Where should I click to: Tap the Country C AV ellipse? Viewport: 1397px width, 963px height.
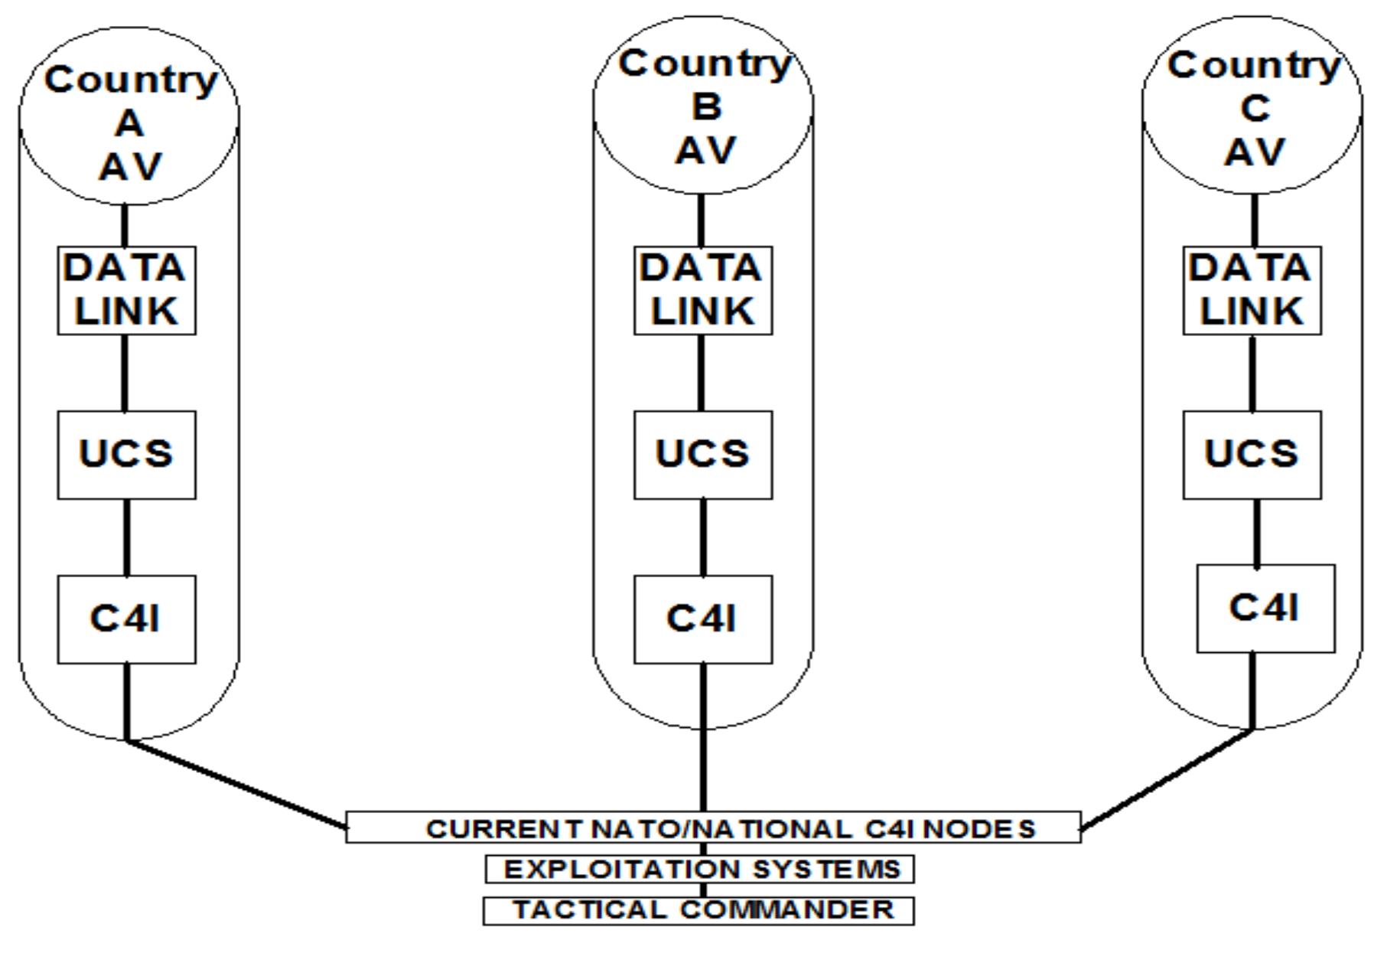1252,107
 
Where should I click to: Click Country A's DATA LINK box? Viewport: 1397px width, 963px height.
126,290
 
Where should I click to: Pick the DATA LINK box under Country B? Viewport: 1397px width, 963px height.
703,290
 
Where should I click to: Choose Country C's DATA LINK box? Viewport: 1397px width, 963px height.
1252,290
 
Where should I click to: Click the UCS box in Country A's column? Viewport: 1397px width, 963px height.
126,455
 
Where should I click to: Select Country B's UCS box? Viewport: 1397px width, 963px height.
703,455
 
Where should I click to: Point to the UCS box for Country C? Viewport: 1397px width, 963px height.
1252,455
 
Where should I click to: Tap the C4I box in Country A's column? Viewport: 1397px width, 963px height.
126,619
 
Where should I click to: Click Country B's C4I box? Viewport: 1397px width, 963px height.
703,619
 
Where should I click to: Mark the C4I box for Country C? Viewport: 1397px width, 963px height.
1265,609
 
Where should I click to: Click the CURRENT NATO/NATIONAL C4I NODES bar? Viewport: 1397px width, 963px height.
713,828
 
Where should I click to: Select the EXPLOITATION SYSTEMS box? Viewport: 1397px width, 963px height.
700,869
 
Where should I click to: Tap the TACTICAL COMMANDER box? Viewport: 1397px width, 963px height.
698,910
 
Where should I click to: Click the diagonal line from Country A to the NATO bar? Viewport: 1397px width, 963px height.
236,784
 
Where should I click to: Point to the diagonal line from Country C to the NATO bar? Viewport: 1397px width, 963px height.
1167,779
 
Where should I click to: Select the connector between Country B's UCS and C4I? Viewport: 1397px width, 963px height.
703,537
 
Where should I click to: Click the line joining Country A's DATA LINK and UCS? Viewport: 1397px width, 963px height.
126,373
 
